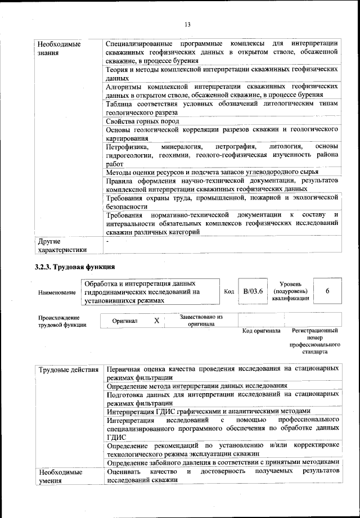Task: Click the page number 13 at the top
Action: coord(187,24)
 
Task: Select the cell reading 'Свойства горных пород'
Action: coord(143,121)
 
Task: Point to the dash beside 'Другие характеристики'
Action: coord(107,241)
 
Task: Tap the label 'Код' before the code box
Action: coord(229,291)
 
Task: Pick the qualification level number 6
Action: coord(327,291)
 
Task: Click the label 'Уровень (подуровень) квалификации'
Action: coord(290,291)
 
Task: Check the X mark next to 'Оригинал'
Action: coord(157,320)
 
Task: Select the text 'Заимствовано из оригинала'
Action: coord(201,320)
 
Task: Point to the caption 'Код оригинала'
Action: coord(261,331)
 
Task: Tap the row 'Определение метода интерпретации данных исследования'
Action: coord(197,386)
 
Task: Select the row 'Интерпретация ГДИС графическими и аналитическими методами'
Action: coord(209,411)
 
